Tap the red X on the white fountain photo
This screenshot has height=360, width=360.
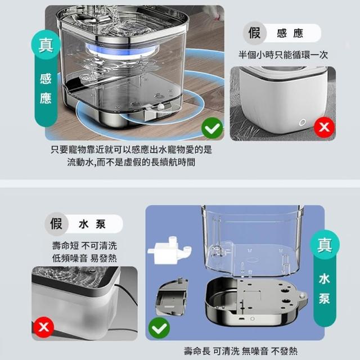[325, 127]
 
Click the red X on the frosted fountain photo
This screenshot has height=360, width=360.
[44, 327]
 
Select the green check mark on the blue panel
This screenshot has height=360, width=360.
[159, 328]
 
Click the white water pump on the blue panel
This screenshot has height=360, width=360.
[169, 250]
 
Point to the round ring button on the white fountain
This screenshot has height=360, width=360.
[302, 123]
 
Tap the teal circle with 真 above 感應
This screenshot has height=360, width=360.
[46, 45]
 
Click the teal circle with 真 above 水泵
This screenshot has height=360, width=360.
[325, 245]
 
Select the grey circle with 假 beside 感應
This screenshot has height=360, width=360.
[255, 33]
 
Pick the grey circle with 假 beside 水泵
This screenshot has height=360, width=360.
[56, 224]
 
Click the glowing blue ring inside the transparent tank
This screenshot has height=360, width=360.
[122, 52]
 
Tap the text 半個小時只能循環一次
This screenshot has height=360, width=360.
[283, 55]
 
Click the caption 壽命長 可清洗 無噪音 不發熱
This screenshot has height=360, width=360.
[241, 351]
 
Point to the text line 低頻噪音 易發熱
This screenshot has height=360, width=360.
[84, 258]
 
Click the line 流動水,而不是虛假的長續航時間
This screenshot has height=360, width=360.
[131, 162]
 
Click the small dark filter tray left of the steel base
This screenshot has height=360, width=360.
[172, 297]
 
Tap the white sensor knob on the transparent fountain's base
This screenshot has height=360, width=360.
[161, 107]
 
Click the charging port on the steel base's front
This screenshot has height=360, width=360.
[242, 319]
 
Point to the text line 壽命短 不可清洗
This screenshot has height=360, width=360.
[84, 246]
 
